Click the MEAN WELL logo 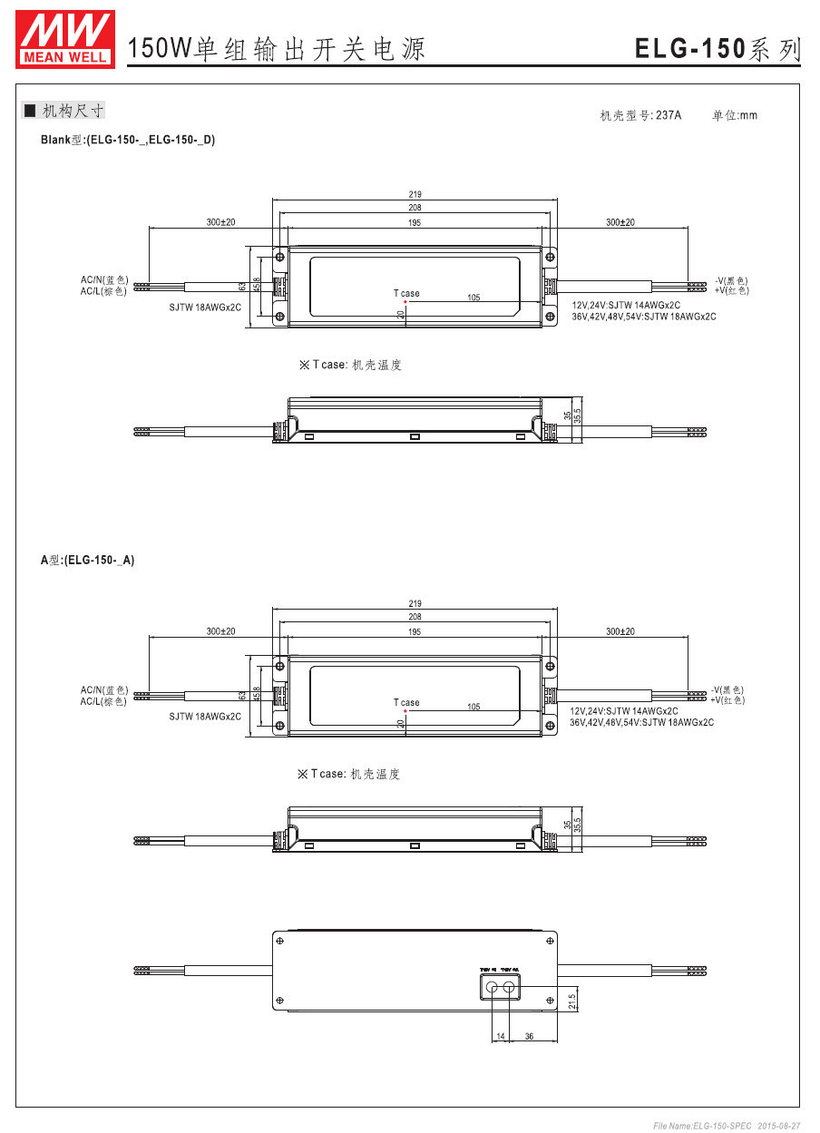pos(65,39)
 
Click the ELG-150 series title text pos(718,49)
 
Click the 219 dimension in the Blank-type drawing pos(415,194)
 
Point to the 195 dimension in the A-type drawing pos(415,631)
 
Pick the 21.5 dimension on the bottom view pos(571,1000)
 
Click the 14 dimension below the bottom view pos(500,1036)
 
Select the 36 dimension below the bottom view pos(530,1036)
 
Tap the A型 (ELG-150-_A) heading pos(87,561)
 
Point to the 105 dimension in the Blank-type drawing pos(473,298)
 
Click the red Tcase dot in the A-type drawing pos(405,711)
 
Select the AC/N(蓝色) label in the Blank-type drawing pos(104,280)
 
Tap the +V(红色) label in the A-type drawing pos(729,699)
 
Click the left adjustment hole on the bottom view pos(492,987)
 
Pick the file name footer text pos(727,1126)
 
